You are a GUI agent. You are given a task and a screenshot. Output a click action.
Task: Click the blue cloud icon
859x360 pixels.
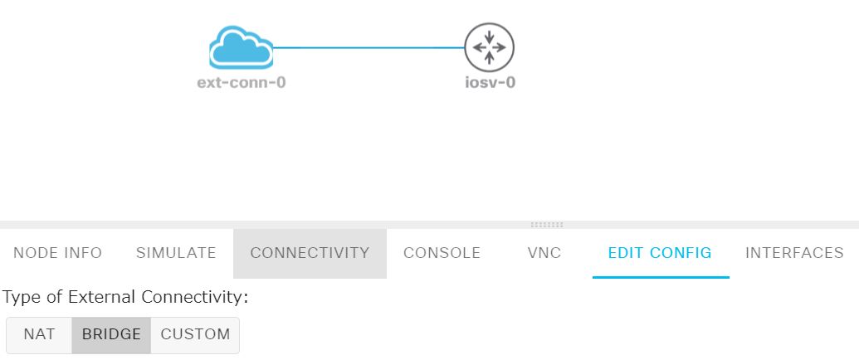[x=241, y=47]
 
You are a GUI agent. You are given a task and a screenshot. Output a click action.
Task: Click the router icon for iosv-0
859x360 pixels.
[x=489, y=47]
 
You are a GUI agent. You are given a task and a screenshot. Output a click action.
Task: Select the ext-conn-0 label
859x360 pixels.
[x=241, y=83]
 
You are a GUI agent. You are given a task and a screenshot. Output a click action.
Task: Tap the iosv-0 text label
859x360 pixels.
[x=490, y=83]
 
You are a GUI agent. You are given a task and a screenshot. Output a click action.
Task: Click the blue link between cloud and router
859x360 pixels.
[x=369, y=47]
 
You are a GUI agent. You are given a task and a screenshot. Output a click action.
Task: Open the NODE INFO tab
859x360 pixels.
[x=58, y=253]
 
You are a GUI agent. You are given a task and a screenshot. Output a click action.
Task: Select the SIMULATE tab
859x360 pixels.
[x=176, y=253]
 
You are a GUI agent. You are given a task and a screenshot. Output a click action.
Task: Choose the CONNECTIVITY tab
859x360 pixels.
[x=310, y=253]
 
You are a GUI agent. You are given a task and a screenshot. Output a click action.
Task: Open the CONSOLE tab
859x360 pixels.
[x=442, y=253]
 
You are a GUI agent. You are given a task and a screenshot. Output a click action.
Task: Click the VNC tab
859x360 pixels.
[x=544, y=253]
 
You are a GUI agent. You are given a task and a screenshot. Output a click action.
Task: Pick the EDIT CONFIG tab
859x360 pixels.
[x=660, y=253]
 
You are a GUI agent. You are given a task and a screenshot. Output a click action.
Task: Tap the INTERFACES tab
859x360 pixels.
[x=794, y=253]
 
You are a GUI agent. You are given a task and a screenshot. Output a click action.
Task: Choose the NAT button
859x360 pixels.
[x=39, y=334]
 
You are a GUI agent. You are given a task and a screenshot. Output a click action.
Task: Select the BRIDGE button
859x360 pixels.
[x=111, y=334]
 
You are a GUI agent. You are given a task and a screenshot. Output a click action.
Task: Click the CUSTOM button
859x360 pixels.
[x=195, y=334]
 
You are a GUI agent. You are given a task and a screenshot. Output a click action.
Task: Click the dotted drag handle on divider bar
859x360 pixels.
[x=546, y=225]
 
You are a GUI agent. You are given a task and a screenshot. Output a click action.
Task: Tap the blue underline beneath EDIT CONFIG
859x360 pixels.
[x=661, y=277]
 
